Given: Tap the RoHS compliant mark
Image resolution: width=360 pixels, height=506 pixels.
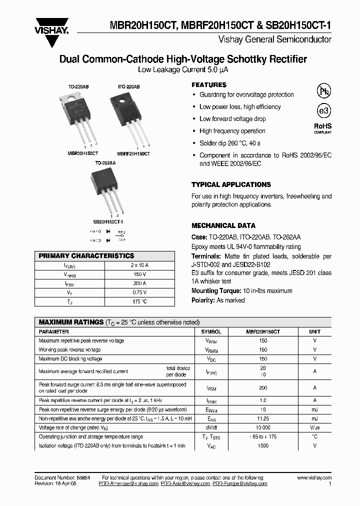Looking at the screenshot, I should [x=322, y=128].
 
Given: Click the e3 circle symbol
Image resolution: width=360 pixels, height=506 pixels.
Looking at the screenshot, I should [x=323, y=111].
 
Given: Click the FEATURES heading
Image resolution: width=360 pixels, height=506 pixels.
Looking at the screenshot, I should [x=209, y=85].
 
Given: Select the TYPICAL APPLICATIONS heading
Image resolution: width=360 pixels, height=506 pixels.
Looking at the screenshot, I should [x=231, y=184].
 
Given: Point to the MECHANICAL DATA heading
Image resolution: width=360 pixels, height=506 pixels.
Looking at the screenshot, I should [x=223, y=225].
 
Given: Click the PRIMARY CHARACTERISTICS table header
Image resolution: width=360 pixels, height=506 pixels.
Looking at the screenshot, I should [x=86, y=255].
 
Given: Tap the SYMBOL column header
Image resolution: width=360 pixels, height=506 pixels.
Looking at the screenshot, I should [x=211, y=331].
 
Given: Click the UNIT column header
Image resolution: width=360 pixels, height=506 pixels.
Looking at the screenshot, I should [x=314, y=331].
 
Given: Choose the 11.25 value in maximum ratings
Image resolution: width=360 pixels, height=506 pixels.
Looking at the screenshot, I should [x=263, y=418].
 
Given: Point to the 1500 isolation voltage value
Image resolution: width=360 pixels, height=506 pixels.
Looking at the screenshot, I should [x=263, y=445].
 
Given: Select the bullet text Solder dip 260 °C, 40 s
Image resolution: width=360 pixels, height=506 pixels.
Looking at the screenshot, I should [x=229, y=143].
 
